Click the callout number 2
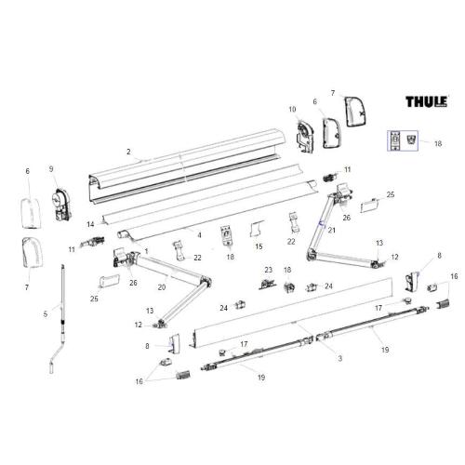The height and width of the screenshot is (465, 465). tap(128, 151)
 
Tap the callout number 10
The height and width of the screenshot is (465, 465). tap(292, 110)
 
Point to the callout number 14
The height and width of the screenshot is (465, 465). tap(91, 225)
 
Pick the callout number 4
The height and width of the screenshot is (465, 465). tap(198, 234)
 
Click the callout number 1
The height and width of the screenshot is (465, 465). tap(146, 252)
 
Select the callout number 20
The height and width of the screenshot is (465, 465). tap(161, 287)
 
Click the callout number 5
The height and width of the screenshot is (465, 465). tap(45, 313)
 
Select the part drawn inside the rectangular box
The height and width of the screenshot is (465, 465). tap(402, 139)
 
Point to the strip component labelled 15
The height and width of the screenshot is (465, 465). tap(258, 227)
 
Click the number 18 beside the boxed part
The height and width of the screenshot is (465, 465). tap(439, 145)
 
